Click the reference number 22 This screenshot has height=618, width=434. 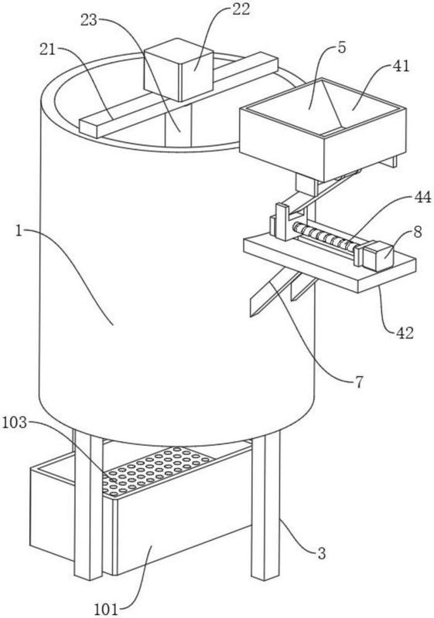241,9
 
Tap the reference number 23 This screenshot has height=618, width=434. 89,20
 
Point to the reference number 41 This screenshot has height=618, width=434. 401,66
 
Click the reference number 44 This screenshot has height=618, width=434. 422,197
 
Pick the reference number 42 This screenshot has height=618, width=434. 405,333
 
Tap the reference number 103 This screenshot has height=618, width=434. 15,423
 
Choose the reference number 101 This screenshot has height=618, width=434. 106,610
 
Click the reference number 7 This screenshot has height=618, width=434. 358,382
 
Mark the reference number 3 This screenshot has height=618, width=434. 322,554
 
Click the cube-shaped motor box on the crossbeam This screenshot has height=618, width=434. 179,70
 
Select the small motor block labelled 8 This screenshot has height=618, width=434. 378,256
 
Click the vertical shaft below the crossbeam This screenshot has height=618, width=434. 178,123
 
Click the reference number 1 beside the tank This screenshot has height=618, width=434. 19,231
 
